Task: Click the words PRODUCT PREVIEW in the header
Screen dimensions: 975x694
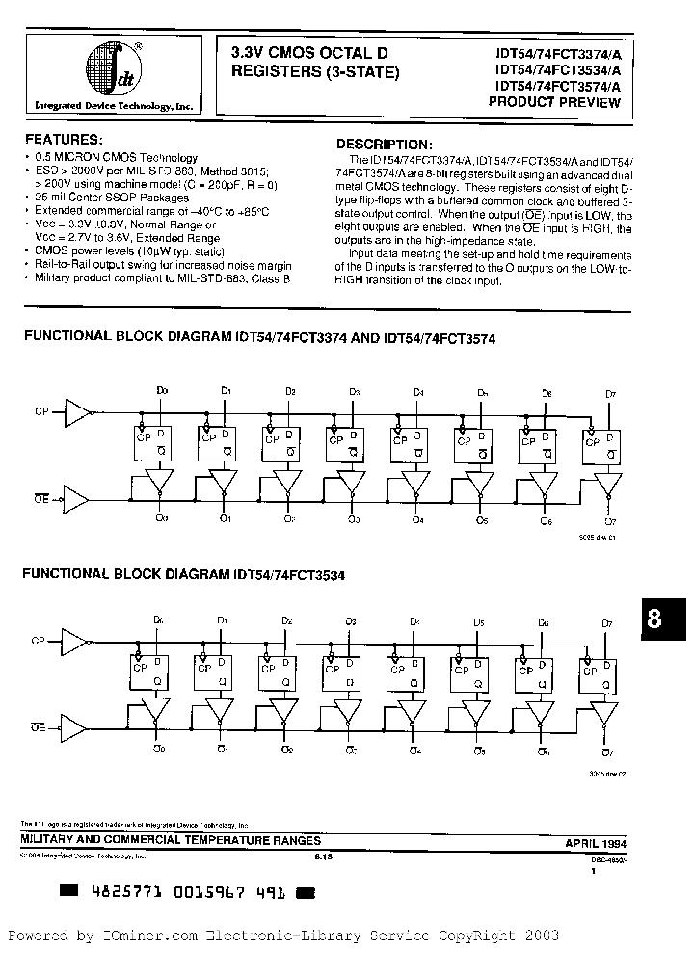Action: [556, 102]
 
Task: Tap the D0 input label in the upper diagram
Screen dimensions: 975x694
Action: [162, 391]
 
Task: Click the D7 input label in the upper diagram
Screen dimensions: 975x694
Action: [609, 392]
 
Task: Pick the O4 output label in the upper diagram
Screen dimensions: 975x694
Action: [417, 520]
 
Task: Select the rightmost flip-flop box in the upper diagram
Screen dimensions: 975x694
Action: [601, 446]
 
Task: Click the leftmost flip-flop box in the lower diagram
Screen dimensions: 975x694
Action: [148, 672]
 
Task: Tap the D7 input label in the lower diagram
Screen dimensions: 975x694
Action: [607, 624]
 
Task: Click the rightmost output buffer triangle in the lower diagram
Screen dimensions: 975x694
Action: [607, 714]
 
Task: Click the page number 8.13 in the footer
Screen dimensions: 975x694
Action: [325, 856]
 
